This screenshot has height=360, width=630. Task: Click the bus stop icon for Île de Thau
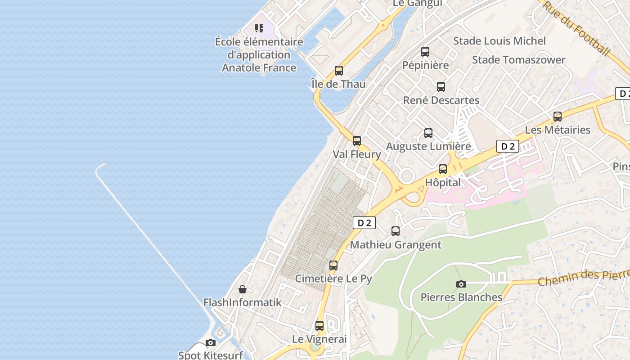tap(339, 71)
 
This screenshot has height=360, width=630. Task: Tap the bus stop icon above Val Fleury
tap(357, 141)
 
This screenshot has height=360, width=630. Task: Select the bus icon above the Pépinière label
tap(425, 52)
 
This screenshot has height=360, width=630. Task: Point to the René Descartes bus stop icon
tap(441, 87)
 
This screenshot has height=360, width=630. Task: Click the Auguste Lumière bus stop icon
tap(428, 133)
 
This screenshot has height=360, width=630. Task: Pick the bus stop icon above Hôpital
tap(443, 169)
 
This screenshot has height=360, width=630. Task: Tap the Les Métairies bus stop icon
tap(558, 117)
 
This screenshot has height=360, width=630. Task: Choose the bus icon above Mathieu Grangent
tap(396, 231)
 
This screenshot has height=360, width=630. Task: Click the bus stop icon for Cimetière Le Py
tap(333, 265)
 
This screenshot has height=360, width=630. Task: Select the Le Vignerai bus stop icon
tap(319, 325)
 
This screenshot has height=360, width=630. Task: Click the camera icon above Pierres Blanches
tap(461, 284)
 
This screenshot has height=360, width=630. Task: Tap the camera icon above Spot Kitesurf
tap(210, 343)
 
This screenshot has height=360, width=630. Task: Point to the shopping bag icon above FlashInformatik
tap(243, 289)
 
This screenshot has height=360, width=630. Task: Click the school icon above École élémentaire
tap(259, 29)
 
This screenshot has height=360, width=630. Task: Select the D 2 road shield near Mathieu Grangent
tap(364, 223)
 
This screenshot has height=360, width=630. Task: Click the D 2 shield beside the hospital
tap(508, 146)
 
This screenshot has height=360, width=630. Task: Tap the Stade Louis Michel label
tap(499, 41)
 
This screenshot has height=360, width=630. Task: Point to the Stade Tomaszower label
tap(519, 60)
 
